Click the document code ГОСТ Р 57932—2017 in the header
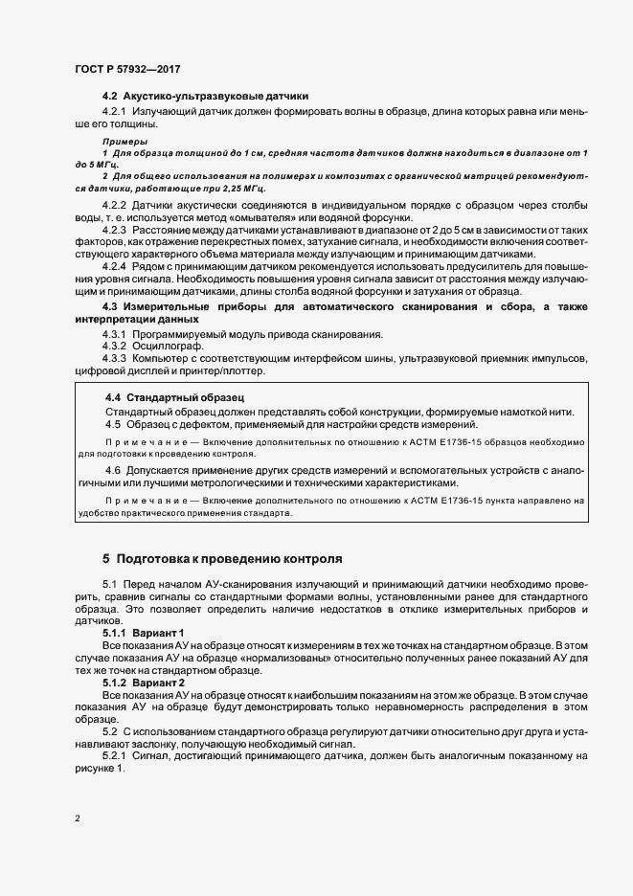click(x=126, y=70)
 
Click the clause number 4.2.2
click(x=115, y=206)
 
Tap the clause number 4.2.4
click(x=115, y=268)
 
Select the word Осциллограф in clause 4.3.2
click(x=161, y=346)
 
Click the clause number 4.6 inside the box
click(x=113, y=470)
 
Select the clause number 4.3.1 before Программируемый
click(x=115, y=333)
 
